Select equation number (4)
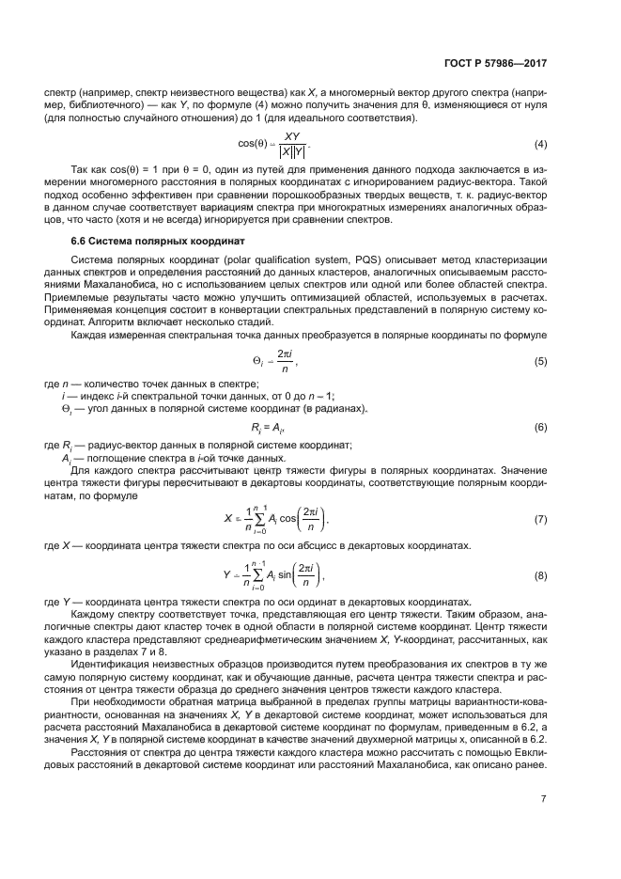(x=540, y=144)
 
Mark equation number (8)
(x=540, y=575)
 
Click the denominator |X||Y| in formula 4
(x=285, y=151)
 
